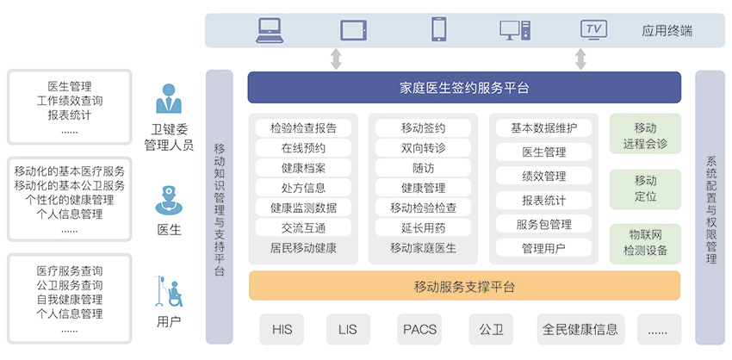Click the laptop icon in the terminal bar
(270, 30)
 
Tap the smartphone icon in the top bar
(438, 29)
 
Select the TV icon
(594, 29)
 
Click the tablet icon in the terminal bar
(353, 30)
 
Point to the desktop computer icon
(515, 30)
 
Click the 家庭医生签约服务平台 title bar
(464, 87)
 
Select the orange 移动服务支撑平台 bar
(464, 285)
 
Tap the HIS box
(282, 329)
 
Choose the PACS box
(419, 329)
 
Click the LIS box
(348, 329)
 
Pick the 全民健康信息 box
(580, 329)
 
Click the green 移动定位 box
(645, 189)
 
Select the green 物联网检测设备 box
(645, 243)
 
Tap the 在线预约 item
(303, 148)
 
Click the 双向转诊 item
(423, 148)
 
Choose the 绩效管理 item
(543, 176)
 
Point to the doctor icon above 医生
(169, 201)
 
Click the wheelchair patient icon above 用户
(169, 291)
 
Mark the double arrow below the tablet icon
(336, 59)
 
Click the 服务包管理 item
(543, 225)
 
